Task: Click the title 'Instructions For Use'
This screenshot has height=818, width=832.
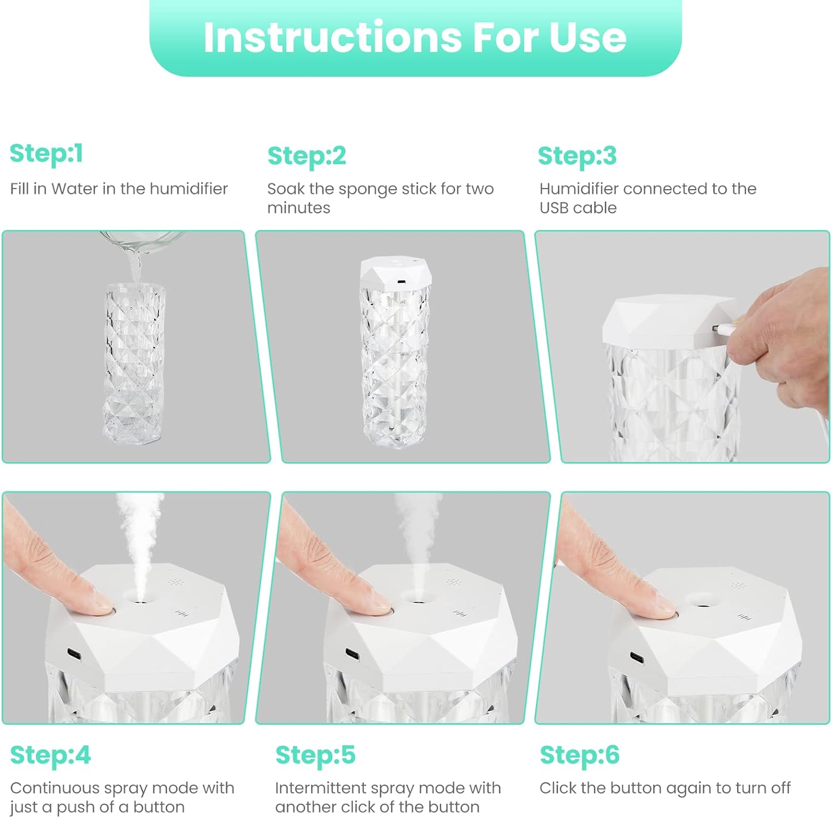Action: tap(415, 37)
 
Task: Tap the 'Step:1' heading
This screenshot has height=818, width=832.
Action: tap(47, 154)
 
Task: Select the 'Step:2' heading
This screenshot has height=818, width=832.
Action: tap(307, 156)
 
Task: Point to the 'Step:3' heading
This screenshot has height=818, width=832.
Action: tap(577, 156)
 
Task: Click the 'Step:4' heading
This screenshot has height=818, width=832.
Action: tap(50, 755)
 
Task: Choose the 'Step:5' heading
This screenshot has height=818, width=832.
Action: tap(316, 755)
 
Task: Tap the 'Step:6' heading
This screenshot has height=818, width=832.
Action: tap(580, 755)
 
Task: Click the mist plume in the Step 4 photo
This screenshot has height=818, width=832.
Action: tap(139, 543)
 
